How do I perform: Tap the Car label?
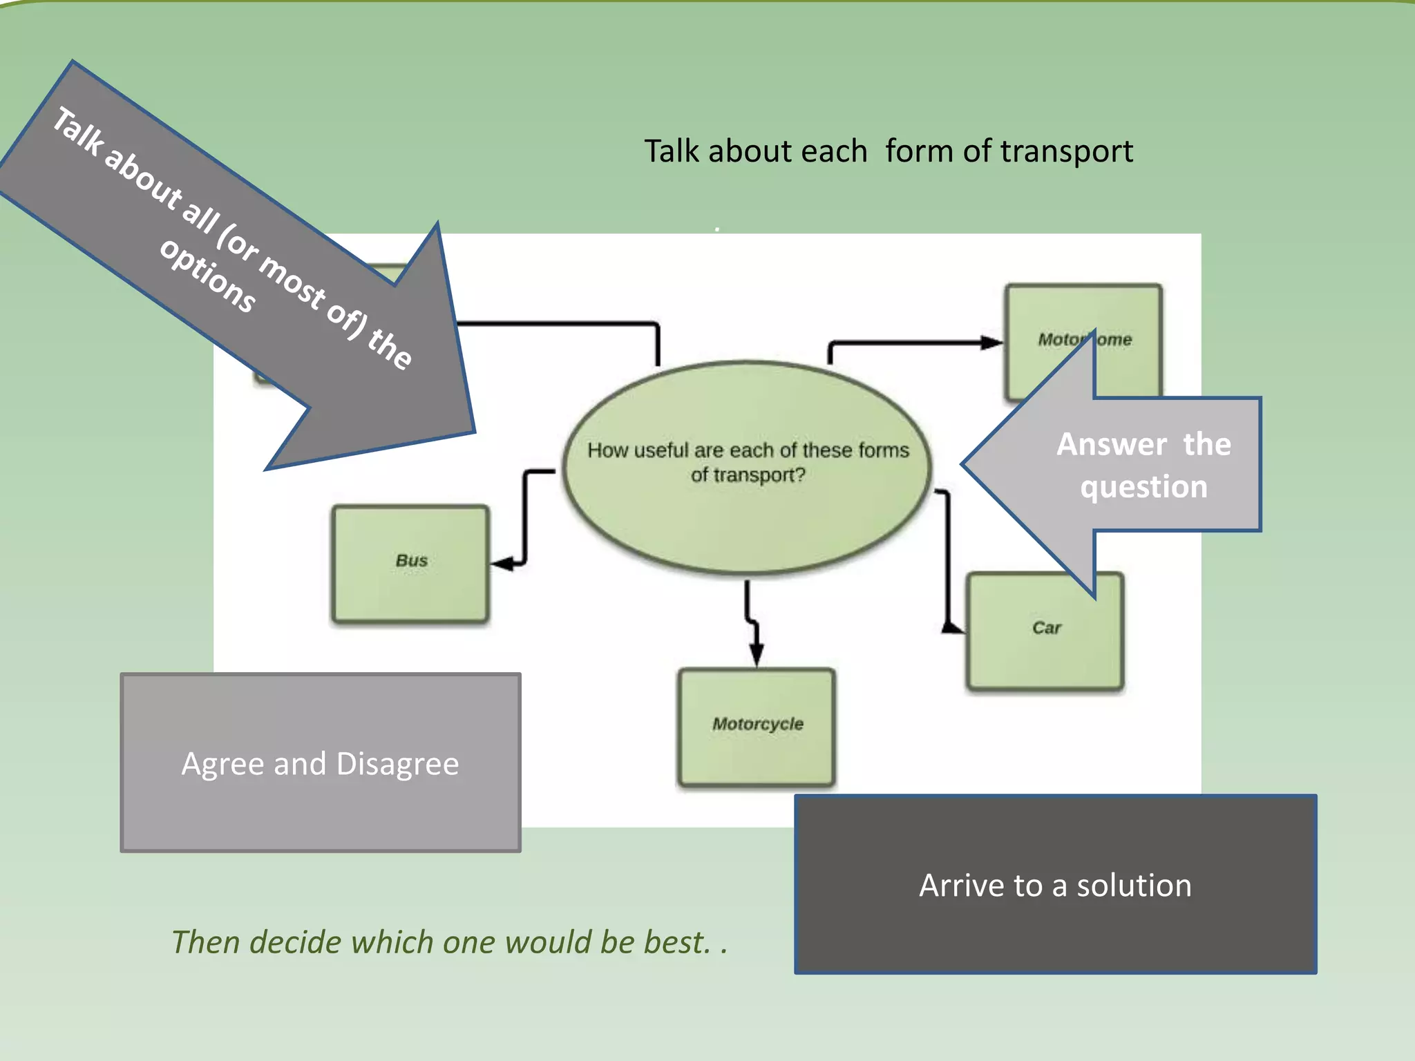click(x=1046, y=628)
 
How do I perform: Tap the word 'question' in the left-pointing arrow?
click(x=1144, y=487)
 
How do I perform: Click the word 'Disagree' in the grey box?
click(x=397, y=764)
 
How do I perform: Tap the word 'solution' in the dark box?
click(x=1134, y=886)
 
